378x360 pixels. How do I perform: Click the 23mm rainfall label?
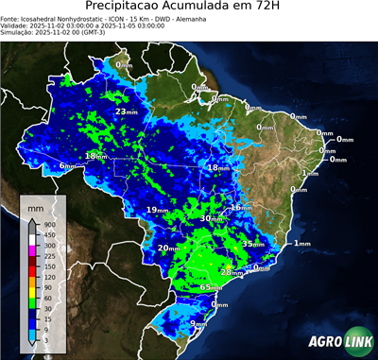pyautogui.click(x=124, y=111)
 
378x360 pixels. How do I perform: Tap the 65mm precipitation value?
pyautogui.click(x=211, y=286)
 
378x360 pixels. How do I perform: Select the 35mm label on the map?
pyautogui.click(x=253, y=244)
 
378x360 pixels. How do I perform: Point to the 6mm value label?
pyautogui.click(x=67, y=166)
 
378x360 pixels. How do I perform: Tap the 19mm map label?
pyautogui.click(x=155, y=210)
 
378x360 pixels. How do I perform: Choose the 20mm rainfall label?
pyautogui.click(x=167, y=249)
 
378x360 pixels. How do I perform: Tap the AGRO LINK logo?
pyautogui.click(x=336, y=343)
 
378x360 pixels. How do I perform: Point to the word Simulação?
pyautogui.click(x=19, y=34)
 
